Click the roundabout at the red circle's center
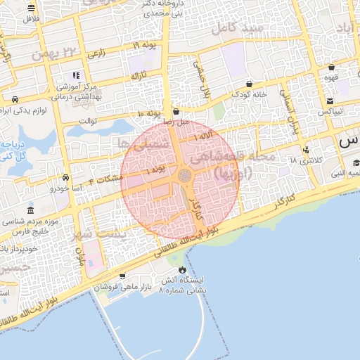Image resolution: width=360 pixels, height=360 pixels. pyautogui.click(x=184, y=175)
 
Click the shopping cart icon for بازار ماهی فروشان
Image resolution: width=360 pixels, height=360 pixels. pyautogui.click(x=123, y=276)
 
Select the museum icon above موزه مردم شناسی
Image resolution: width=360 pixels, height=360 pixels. pyautogui.click(x=30, y=211)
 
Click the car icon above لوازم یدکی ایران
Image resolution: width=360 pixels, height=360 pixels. pyautogui.click(x=15, y=99)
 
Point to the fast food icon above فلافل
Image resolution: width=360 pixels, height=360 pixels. pyautogui.click(x=32, y=8)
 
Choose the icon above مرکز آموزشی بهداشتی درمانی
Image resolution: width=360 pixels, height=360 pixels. pyautogui.click(x=76, y=75)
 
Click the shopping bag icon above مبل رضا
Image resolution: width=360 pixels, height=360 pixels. pyautogui.click(x=176, y=111)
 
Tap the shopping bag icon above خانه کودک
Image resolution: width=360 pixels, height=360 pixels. pyautogui.click(x=249, y=84)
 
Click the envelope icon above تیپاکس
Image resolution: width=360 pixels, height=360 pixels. pyautogui.click(x=328, y=101)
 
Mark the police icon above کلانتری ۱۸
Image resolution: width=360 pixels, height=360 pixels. pyautogui.click(x=305, y=150)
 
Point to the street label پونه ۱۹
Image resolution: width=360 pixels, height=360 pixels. pyautogui.click(x=146, y=45)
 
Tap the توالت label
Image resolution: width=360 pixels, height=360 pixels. pyautogui.click(x=87, y=120)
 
